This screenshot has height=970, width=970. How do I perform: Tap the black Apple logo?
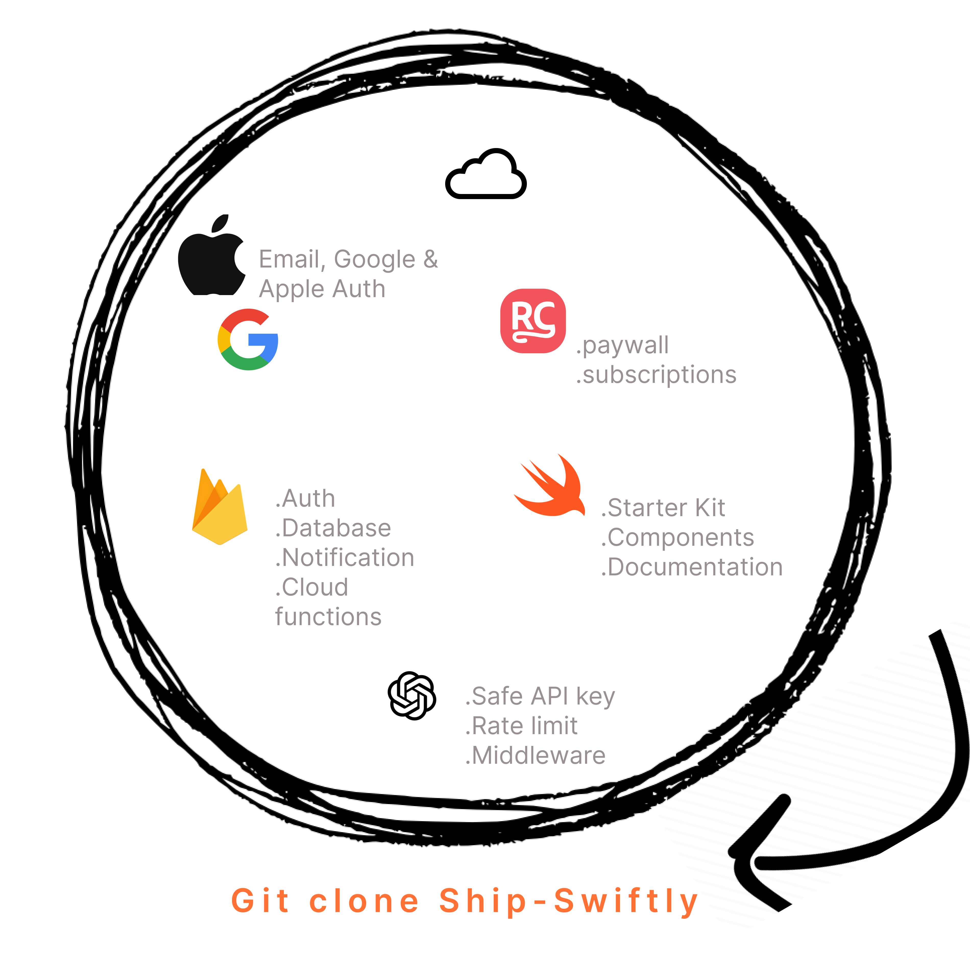pos(212,255)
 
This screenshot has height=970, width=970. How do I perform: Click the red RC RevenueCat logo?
pos(533,321)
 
